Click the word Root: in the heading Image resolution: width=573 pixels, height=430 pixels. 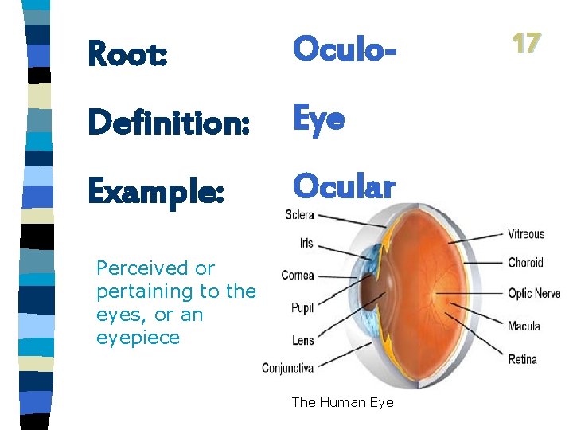pyautogui.click(x=127, y=53)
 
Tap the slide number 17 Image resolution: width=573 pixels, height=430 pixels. pyautogui.click(x=526, y=43)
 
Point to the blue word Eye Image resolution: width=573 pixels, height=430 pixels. pyautogui.click(x=318, y=119)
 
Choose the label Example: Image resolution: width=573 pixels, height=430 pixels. pyautogui.click(x=156, y=190)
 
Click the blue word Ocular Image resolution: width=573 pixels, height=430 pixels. pyautogui.click(x=343, y=186)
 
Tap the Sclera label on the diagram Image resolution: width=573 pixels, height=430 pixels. pyautogui.click(x=299, y=215)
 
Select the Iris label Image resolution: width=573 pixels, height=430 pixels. pyautogui.click(x=306, y=244)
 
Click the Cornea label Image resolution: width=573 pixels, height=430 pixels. pyautogui.click(x=298, y=276)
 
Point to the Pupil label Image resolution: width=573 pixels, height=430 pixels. pyautogui.click(x=302, y=307)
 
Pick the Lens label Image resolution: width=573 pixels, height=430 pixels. pyautogui.click(x=303, y=340)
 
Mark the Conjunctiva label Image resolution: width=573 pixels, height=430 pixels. pyautogui.click(x=288, y=368)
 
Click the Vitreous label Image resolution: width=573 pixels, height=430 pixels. pyautogui.click(x=526, y=234)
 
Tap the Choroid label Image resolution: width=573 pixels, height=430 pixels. pyautogui.click(x=525, y=263)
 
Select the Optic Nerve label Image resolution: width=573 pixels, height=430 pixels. pyautogui.click(x=534, y=294)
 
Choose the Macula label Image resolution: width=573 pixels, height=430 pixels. pyautogui.click(x=524, y=326)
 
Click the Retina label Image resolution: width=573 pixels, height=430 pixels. pyautogui.click(x=523, y=359)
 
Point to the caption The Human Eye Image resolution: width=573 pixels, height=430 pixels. pyautogui.click(x=342, y=402)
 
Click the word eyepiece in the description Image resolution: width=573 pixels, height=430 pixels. pyautogui.click(x=138, y=338)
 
